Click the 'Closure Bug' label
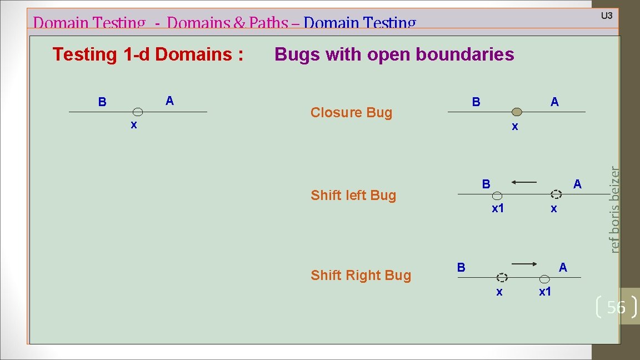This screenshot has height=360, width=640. [x=351, y=113]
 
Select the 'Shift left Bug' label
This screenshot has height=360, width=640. [x=353, y=196]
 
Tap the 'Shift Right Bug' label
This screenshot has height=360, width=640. [x=361, y=276]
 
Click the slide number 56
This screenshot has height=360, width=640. [x=616, y=307]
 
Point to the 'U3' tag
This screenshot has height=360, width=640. [x=607, y=16]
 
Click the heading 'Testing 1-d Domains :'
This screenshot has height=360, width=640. [x=148, y=54]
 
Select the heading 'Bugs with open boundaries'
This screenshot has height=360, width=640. [x=394, y=54]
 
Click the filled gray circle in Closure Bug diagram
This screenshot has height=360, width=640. [x=517, y=112]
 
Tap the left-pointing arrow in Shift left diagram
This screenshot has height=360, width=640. [x=524, y=182]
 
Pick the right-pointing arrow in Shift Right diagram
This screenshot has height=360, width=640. [x=524, y=264]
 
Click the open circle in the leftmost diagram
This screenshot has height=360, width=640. [x=138, y=112]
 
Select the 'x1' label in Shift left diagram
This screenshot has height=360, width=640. [x=498, y=209]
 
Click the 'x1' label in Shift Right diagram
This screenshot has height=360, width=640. [x=545, y=292]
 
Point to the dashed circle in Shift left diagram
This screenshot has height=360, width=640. [x=556, y=194]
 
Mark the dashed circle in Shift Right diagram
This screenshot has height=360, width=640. [x=502, y=277]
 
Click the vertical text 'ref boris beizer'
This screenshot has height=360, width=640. [x=613, y=210]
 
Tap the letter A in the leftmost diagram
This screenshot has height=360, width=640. [x=169, y=101]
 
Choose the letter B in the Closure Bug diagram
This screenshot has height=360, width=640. [x=476, y=102]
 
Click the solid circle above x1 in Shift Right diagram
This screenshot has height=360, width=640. [x=546, y=277]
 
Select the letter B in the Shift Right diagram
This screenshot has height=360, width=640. [x=461, y=267]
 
